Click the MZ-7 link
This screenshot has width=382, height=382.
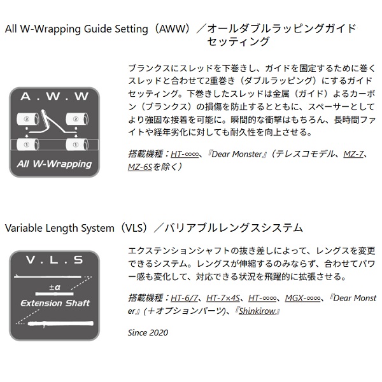pos(353,154)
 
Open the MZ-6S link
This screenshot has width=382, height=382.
pos(140,167)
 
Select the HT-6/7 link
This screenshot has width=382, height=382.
pos(184,298)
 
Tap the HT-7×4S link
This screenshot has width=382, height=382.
pos(223,298)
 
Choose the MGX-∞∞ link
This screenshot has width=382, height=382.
pos(302,298)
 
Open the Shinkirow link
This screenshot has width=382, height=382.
pos(257,311)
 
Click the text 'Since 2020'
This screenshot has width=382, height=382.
pos(148,332)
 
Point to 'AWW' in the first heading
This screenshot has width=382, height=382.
pos(170,29)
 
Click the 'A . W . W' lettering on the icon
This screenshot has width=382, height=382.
pos(54,97)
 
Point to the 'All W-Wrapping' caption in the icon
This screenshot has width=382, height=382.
pos(54,164)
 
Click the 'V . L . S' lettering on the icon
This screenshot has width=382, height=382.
pos(54,260)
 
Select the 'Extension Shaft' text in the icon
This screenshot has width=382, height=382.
pos(55,303)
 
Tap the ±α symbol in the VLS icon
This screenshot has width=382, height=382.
pos(55,287)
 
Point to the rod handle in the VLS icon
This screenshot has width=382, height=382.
pos(60,323)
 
